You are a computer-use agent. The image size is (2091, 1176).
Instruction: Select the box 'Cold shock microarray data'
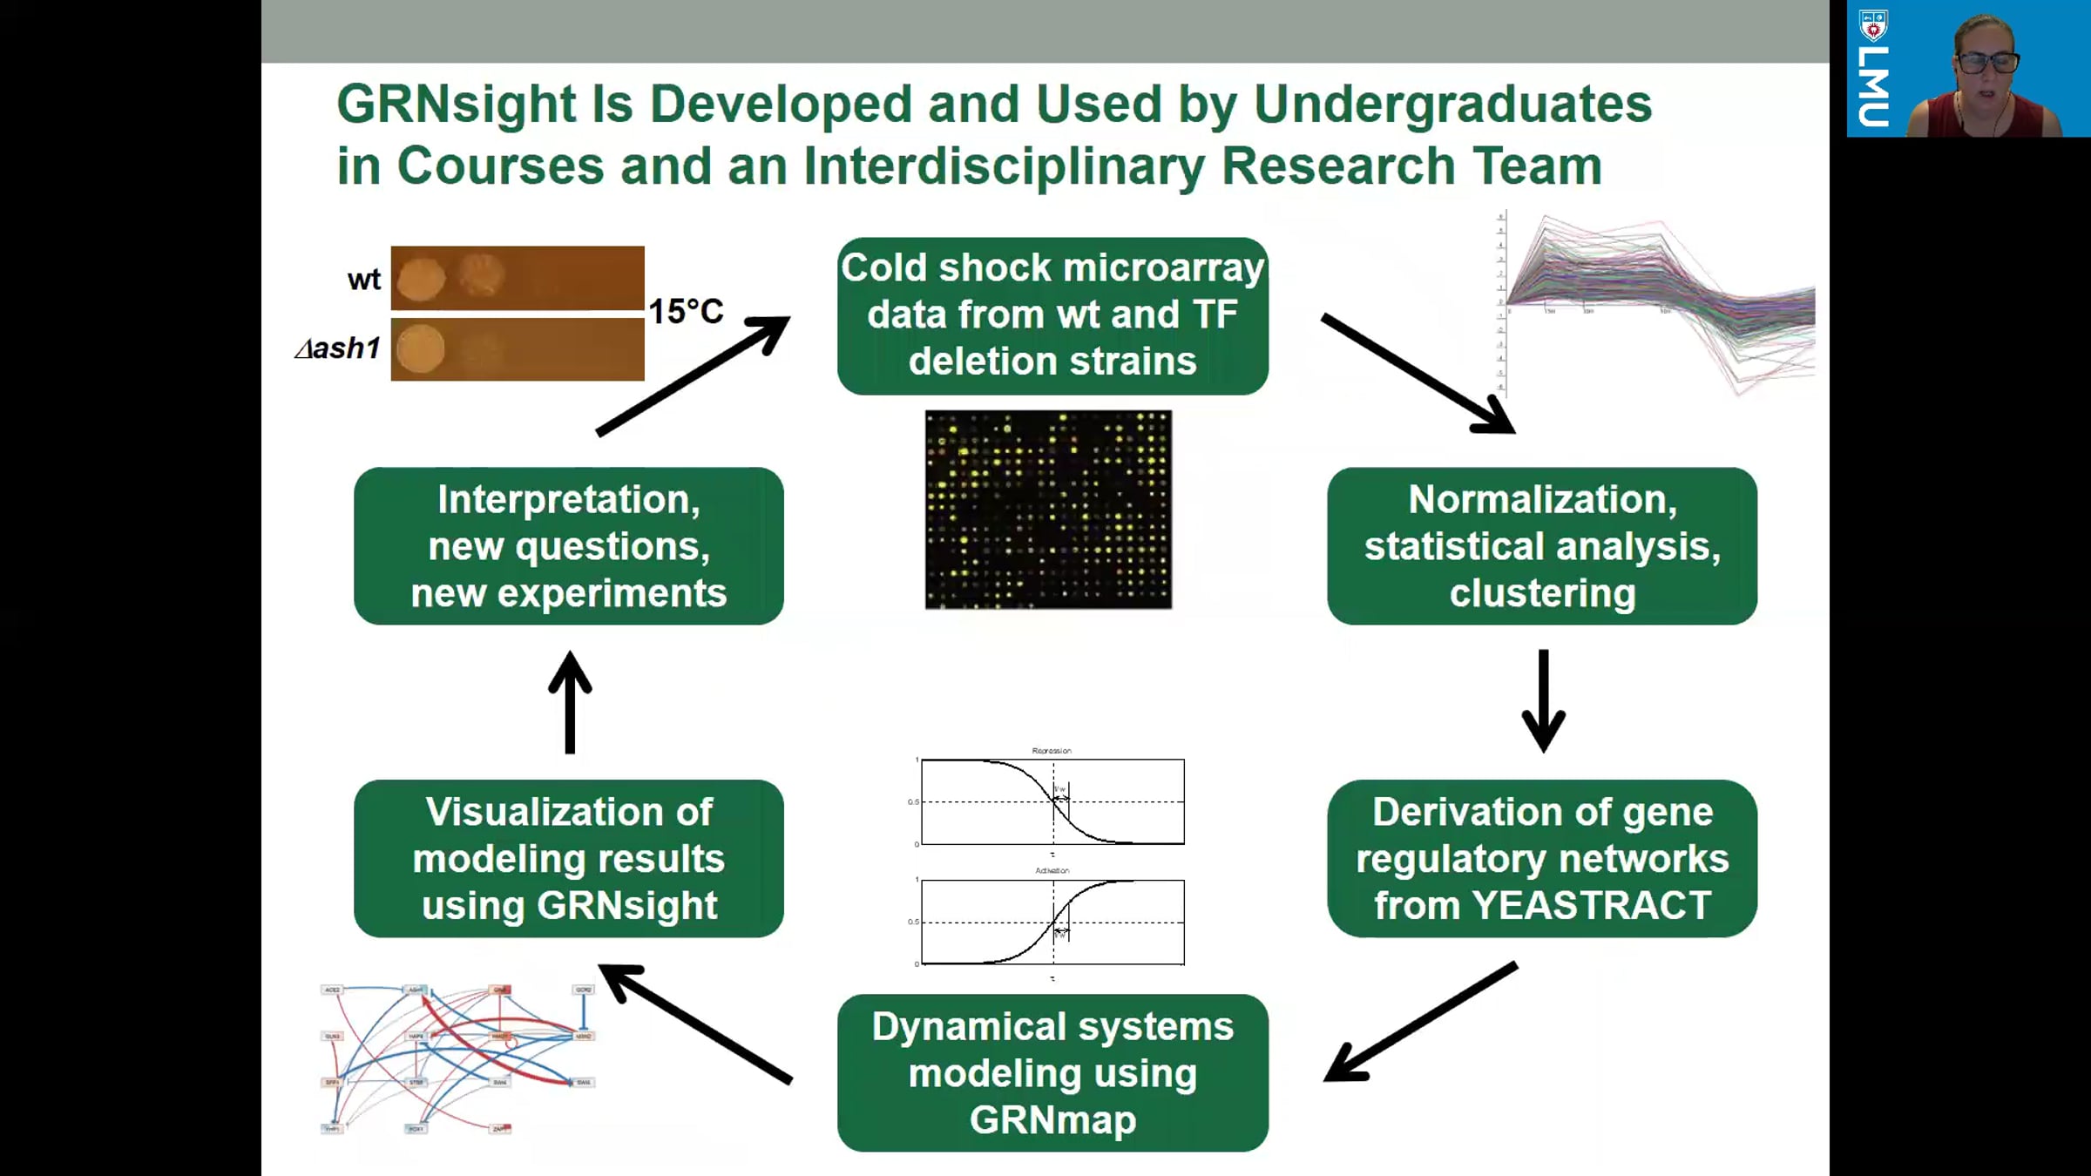click(1052, 315)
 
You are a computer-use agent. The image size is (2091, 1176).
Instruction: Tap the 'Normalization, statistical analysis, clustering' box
click(1541, 546)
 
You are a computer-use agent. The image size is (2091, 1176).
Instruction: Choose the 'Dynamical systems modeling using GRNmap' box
click(1052, 1072)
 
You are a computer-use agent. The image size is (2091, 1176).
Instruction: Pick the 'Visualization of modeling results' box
click(568, 858)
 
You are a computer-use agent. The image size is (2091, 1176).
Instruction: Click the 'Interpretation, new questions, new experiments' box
click(568, 546)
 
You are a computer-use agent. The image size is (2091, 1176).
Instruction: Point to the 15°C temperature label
click(686, 311)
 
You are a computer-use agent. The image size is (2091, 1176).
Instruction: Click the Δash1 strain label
click(338, 348)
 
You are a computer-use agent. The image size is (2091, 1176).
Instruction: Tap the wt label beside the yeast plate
click(364, 280)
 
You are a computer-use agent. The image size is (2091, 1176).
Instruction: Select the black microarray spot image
click(1048, 510)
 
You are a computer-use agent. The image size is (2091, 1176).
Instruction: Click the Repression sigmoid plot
click(1052, 801)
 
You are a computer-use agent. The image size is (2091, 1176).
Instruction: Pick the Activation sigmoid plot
click(1052, 922)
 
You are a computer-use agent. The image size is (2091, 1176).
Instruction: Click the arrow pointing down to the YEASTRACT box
click(1543, 701)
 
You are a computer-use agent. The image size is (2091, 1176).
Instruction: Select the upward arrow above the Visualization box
click(571, 701)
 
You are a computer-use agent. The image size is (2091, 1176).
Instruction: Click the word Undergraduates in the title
click(1452, 105)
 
